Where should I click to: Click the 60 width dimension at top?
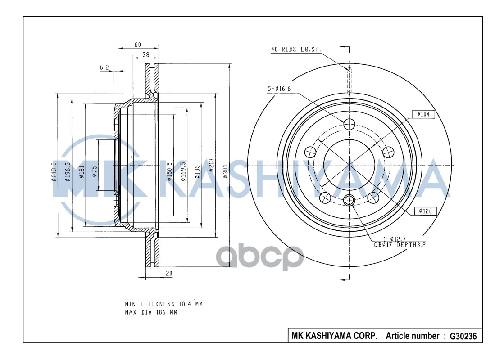point(138,44)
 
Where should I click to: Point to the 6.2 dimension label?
point(104,67)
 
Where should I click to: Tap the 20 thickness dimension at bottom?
point(169,273)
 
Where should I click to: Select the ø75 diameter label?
point(95,171)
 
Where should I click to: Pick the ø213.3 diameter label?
point(54,171)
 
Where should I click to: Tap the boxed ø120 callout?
point(425,210)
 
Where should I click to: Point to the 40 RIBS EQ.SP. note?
point(296,50)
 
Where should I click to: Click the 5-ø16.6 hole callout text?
point(279,89)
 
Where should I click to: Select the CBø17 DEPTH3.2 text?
point(400,245)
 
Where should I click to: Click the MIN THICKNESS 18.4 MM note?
point(163,304)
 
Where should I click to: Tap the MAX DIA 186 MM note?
point(151,312)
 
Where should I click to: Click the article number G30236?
point(460,336)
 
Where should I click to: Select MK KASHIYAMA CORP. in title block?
point(335,336)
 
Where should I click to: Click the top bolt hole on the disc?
point(349,124)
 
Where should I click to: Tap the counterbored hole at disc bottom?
point(349,200)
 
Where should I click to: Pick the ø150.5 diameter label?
point(169,171)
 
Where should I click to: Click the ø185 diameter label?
point(197,171)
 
